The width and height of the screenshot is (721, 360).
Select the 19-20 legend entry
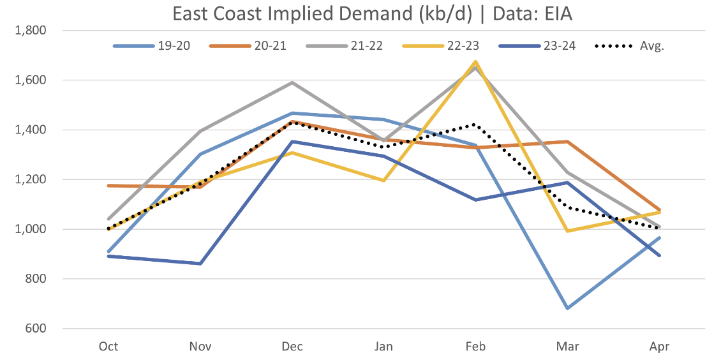pos(153,47)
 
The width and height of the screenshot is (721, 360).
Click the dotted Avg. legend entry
pos(629,47)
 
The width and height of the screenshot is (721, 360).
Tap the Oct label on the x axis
pos(108,347)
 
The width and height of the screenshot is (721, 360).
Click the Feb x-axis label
pos(476,347)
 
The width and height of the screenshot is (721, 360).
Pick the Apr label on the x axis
pos(660,347)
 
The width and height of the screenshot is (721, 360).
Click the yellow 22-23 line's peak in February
pos(476,62)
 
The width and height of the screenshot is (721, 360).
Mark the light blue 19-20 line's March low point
pos(568,308)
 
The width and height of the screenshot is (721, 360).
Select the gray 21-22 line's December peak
pos(292,82)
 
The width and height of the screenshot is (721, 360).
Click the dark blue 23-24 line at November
pos(200,264)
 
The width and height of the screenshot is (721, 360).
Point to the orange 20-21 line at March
pos(568,142)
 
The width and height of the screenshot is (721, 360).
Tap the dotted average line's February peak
pos(475,125)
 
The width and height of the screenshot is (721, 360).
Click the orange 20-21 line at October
pos(108,186)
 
